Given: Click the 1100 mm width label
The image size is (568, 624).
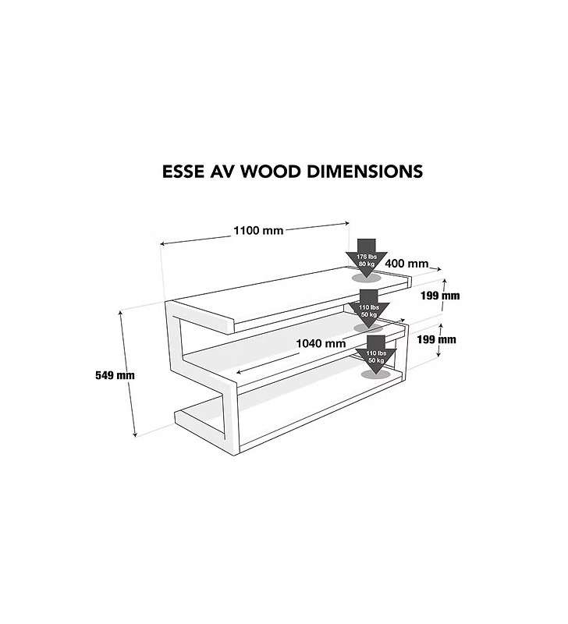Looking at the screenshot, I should [x=257, y=230].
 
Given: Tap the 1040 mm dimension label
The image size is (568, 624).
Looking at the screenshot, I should [x=321, y=343].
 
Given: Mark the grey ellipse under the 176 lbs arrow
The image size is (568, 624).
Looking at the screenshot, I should [x=367, y=276].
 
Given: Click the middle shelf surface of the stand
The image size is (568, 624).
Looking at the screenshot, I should [x=289, y=351].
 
